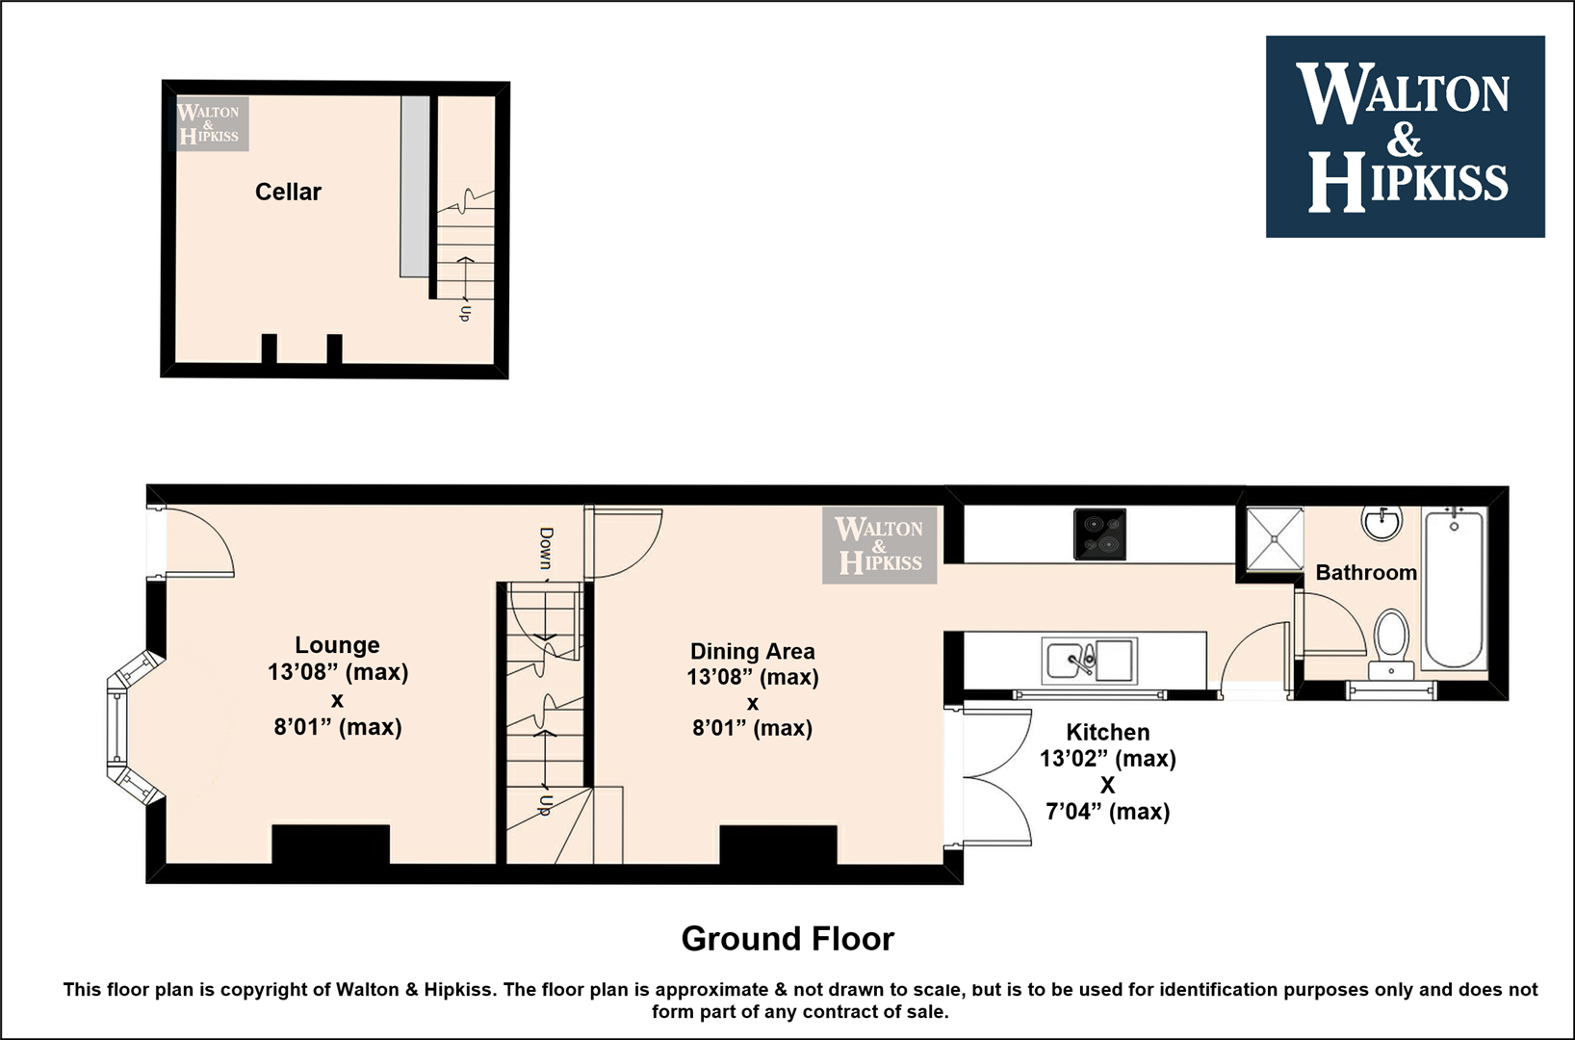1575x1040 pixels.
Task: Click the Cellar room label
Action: click(x=288, y=192)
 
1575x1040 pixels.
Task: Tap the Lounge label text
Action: click(x=338, y=645)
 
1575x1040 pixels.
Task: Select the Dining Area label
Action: click(x=752, y=651)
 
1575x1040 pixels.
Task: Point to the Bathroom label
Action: click(x=1366, y=572)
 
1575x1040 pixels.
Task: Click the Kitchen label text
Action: click(x=1108, y=732)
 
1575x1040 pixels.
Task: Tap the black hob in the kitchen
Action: click(x=1099, y=534)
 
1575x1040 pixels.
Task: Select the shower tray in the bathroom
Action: click(x=1274, y=538)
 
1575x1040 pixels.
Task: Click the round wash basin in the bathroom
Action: click(x=1382, y=524)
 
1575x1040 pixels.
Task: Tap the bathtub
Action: click(x=1454, y=588)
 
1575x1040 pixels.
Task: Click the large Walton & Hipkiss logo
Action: click(x=1406, y=137)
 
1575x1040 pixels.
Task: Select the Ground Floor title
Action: click(x=787, y=939)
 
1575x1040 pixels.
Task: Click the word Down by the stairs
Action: click(x=546, y=549)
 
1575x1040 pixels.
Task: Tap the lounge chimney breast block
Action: click(x=330, y=845)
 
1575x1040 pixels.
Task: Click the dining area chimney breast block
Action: click(x=778, y=845)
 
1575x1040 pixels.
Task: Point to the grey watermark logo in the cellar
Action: click(x=212, y=124)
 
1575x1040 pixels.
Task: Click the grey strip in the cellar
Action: click(x=415, y=187)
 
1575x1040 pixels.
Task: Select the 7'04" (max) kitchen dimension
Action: click(x=1108, y=812)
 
